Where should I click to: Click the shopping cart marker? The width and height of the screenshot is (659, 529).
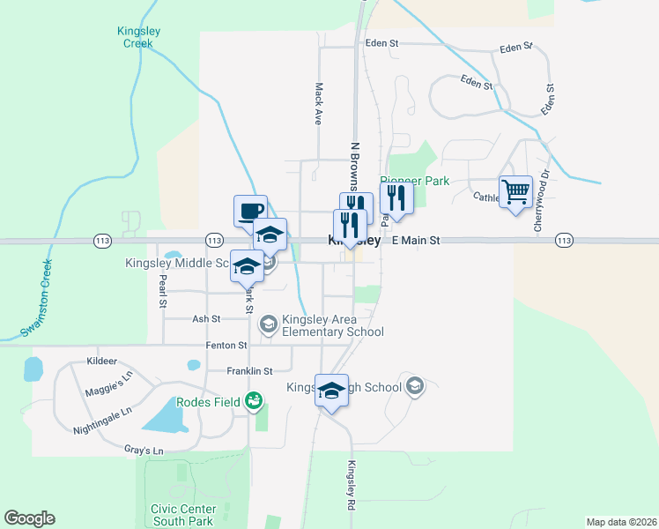click(515, 191)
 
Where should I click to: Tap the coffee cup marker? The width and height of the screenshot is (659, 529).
click(250, 210)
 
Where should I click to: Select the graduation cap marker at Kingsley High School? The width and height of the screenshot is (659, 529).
click(332, 390)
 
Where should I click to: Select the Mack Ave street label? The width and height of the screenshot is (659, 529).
click(319, 104)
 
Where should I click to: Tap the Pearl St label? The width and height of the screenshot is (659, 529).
click(163, 291)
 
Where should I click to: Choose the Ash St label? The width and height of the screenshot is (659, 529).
click(204, 318)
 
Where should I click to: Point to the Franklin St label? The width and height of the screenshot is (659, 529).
click(249, 371)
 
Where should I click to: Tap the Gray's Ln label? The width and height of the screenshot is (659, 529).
click(144, 451)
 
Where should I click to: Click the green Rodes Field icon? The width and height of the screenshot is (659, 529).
click(254, 402)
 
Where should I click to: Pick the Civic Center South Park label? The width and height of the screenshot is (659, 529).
click(184, 515)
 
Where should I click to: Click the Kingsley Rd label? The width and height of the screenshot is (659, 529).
click(350, 487)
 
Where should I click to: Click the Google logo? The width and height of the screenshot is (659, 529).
click(29, 518)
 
